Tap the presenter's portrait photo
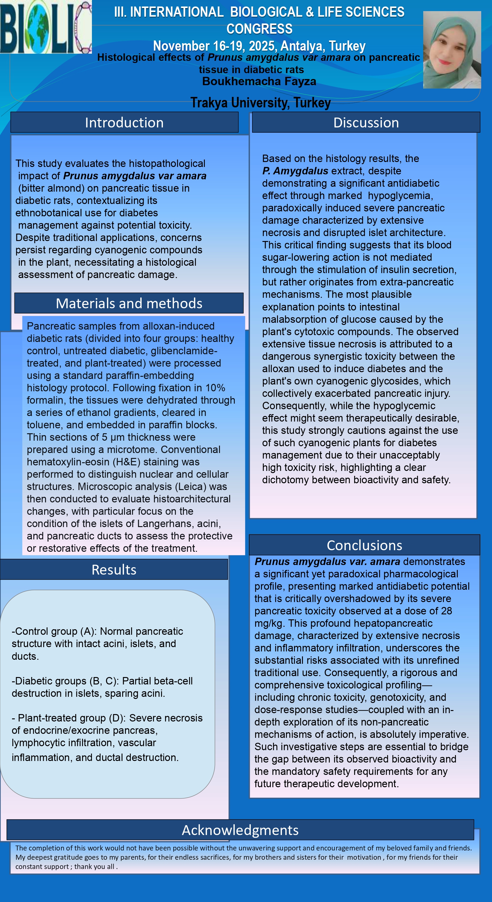452,50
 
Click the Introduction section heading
124,123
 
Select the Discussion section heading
366,123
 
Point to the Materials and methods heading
129,303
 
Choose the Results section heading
114,570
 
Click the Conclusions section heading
364,545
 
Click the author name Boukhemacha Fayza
259,81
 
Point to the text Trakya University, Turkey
260,102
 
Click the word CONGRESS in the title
259,29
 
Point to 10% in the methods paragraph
215,388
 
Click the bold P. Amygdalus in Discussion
295,171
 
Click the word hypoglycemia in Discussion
400,195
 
